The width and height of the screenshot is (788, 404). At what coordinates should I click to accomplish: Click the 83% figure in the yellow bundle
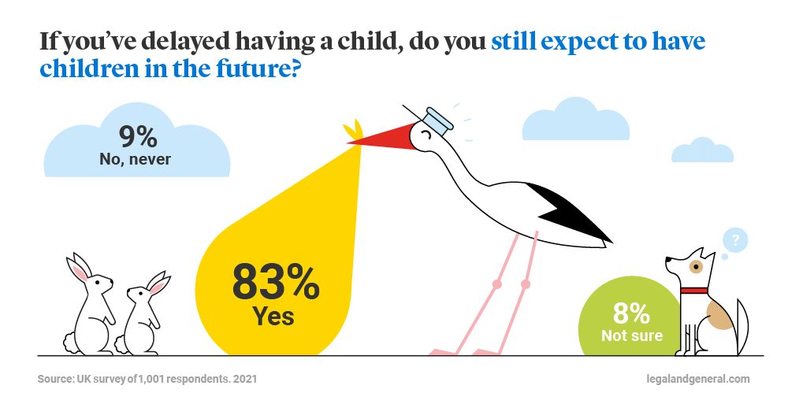[275, 283]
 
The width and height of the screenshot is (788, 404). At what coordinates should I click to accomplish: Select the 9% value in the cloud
[138, 136]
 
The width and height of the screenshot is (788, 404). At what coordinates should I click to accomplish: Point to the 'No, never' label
[136, 159]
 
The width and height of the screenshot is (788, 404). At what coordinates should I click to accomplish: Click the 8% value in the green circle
[631, 313]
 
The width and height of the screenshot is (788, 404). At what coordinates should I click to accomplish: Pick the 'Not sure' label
[632, 335]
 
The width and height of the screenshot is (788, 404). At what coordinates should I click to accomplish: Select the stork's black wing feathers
[573, 212]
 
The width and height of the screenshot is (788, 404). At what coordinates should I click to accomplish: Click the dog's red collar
[694, 291]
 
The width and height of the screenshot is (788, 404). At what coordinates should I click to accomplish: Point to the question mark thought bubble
[735, 242]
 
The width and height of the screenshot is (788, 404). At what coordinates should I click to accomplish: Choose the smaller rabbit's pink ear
[159, 285]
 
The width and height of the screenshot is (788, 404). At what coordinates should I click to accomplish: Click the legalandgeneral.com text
[698, 378]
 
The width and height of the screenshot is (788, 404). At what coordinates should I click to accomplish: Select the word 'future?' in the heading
[258, 69]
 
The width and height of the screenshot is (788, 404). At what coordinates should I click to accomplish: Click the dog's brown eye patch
[696, 266]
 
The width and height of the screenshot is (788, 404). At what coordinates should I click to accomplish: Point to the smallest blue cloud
[703, 150]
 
